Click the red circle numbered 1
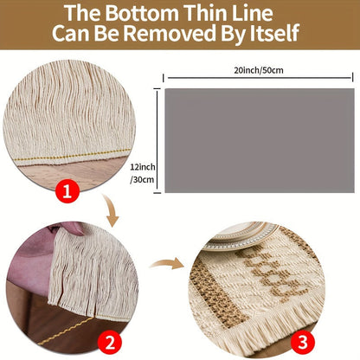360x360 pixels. click(x=67, y=190)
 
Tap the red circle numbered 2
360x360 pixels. click(x=110, y=343)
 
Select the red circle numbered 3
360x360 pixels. click(x=303, y=343)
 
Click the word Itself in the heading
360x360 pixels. click(x=274, y=33)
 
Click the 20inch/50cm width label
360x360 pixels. click(x=259, y=70)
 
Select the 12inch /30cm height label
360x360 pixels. click(x=143, y=173)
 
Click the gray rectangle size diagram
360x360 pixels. click(x=260, y=140)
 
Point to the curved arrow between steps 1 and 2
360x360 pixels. click(x=111, y=209)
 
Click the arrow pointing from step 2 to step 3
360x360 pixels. click(x=167, y=264)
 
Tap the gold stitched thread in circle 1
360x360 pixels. click(x=72, y=155)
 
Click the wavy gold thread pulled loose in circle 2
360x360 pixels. click(x=66, y=331)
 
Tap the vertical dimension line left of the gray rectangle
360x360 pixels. click(x=157, y=141)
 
